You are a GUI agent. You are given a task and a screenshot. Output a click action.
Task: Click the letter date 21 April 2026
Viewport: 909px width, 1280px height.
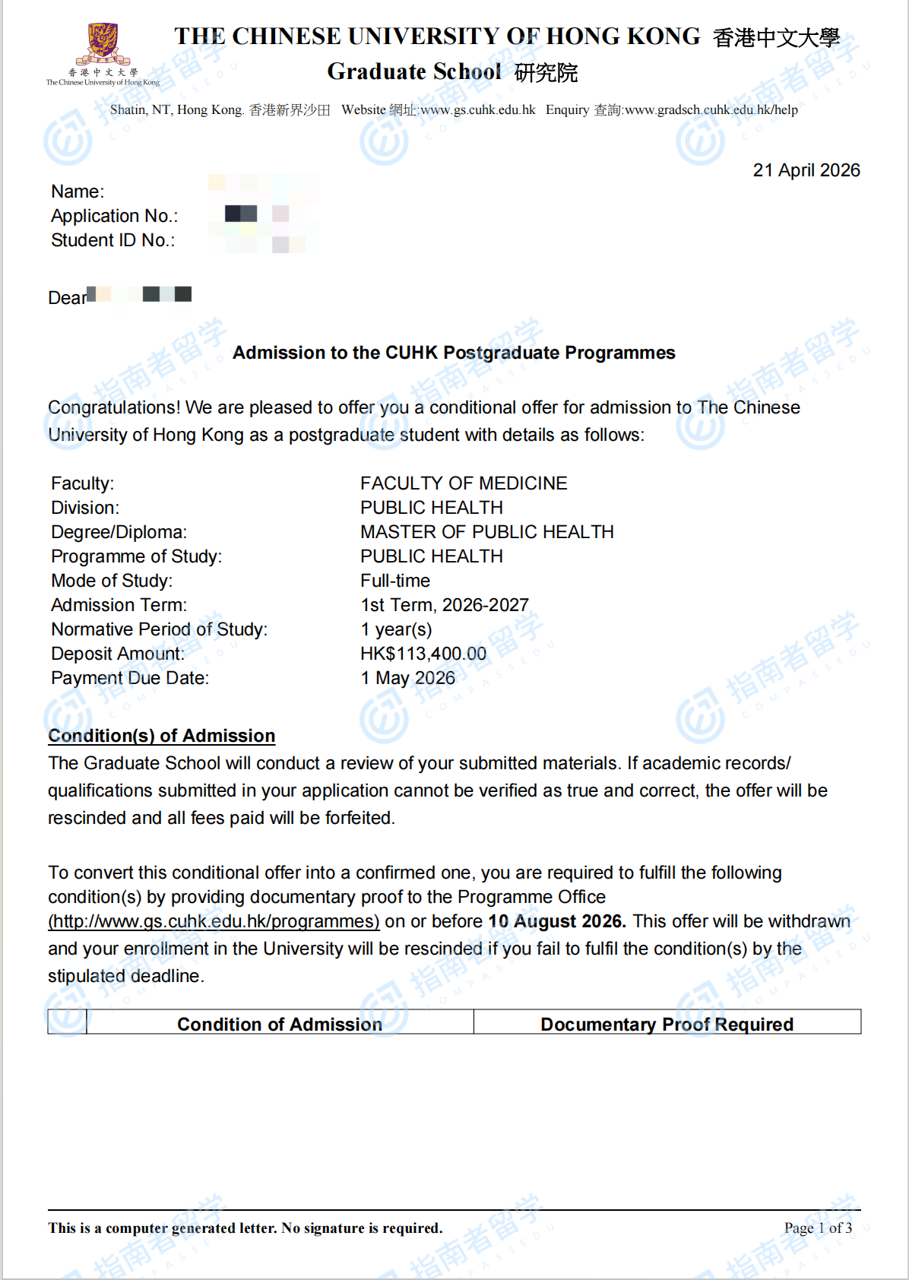(806, 170)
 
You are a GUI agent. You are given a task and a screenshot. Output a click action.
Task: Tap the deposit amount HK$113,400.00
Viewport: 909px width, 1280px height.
(423, 654)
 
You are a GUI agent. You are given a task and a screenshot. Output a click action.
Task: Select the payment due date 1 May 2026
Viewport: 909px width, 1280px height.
(408, 678)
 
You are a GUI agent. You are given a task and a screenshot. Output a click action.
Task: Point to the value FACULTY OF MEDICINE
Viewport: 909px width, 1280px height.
(464, 483)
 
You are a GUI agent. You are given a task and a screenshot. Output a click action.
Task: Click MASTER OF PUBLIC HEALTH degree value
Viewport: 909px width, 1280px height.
(486, 532)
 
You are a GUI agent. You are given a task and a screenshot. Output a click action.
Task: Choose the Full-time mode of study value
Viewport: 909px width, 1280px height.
(395, 581)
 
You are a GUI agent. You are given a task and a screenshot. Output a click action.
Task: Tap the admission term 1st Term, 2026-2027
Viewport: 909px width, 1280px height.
(445, 605)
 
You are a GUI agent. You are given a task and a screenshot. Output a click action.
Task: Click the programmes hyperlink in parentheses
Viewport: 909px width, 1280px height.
(214, 921)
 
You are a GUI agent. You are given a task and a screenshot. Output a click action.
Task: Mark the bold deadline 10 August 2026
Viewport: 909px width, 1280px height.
(556, 921)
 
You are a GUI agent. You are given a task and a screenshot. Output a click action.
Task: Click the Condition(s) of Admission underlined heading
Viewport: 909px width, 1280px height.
(161, 736)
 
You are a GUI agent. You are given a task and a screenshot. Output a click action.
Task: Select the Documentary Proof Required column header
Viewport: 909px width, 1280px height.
(667, 1025)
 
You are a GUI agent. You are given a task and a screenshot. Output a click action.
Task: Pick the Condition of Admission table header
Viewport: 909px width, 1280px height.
(280, 1025)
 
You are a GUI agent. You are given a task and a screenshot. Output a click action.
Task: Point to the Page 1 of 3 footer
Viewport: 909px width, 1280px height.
(818, 1228)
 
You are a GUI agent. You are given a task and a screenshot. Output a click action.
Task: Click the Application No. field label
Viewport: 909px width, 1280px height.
(114, 216)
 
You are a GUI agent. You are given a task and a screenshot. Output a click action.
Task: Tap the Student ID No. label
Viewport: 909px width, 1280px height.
(112, 240)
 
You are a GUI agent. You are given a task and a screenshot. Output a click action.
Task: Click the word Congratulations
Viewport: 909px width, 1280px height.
(114, 407)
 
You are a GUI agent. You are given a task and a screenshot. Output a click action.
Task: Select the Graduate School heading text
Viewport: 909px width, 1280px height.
(414, 71)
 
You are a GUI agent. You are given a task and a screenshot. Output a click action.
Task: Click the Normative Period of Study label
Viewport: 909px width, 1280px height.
(159, 629)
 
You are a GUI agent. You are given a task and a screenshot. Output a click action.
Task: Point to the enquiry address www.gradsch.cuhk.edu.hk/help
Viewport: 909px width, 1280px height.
(711, 110)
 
